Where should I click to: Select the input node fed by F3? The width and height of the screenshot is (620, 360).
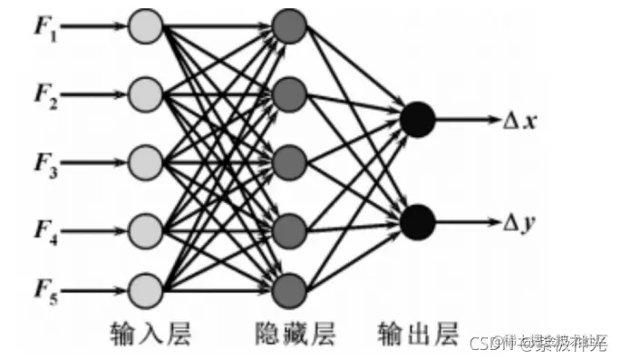145,163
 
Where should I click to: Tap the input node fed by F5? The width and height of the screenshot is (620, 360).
145,290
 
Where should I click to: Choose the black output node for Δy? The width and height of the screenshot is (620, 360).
419,220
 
